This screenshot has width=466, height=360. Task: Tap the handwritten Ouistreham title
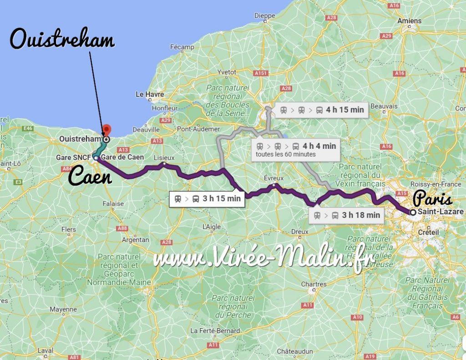(x=62, y=41)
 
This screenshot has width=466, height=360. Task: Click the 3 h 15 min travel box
(x=207, y=198)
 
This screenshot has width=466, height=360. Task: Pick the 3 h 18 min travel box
(x=346, y=215)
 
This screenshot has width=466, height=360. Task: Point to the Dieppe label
(x=265, y=15)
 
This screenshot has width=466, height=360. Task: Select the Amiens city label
(x=409, y=21)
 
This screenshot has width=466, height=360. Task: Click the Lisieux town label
(x=164, y=157)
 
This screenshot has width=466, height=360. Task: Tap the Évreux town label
(x=274, y=178)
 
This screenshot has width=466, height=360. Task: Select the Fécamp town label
(x=182, y=47)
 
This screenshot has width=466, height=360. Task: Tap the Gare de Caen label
(x=123, y=157)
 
